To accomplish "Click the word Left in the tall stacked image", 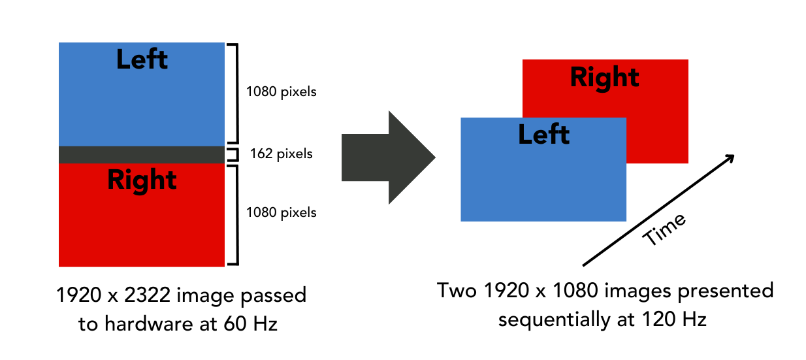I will pos(142,60).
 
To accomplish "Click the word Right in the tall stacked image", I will pos(142,180).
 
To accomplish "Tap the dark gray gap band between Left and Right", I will pos(141,154).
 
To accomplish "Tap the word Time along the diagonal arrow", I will pos(664,229).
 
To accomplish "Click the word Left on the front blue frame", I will pos(543,135).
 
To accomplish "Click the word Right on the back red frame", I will pos(604,77).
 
